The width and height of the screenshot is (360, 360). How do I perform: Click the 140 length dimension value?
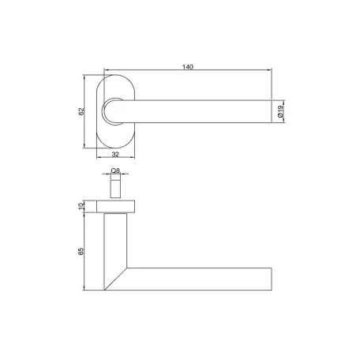tap(188, 67)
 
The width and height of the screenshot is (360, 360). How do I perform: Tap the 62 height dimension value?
tap(81, 111)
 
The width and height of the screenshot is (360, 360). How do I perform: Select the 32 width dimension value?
tap(115, 155)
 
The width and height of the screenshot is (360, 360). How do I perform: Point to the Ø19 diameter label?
tap(280, 111)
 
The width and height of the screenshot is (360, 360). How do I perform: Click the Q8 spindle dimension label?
tap(115, 171)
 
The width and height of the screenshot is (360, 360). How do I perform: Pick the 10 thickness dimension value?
tap(81, 206)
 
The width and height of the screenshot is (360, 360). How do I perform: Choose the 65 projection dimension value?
tap(81, 251)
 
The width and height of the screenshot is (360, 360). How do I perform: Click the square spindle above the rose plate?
tap(115, 186)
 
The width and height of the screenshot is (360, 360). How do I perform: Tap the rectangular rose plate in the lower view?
tap(115, 206)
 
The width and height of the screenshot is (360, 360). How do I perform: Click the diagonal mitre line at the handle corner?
tap(115, 279)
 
